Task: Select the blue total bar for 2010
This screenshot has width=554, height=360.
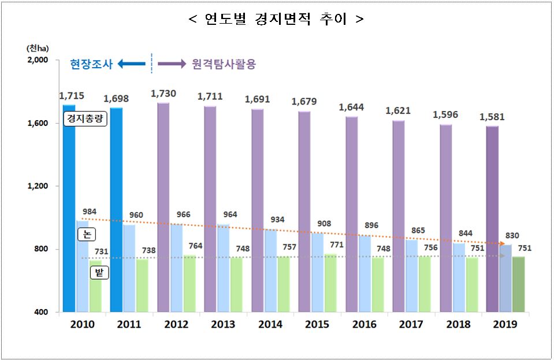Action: point(69,208)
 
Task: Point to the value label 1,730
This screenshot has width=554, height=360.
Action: point(163,93)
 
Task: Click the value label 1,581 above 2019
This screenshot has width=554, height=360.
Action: point(492,117)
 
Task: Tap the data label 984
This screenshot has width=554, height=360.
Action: point(90,211)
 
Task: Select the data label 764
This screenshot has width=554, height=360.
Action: point(195,246)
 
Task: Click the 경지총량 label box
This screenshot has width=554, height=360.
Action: point(85,121)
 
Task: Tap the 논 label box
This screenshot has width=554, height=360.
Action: point(86,234)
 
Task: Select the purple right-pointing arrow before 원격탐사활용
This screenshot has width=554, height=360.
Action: point(172,64)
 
